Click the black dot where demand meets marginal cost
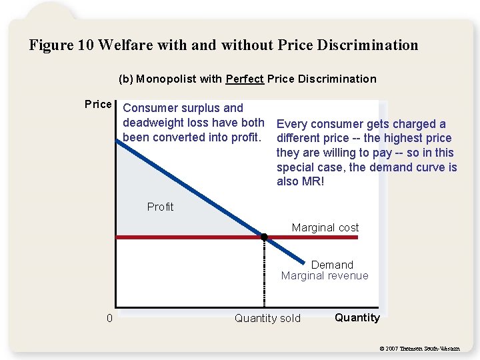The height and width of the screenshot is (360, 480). click(x=264, y=237)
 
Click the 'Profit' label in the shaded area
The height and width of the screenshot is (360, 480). click(x=160, y=207)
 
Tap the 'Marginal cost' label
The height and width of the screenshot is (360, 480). click(x=325, y=228)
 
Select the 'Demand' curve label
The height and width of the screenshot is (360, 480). click(x=332, y=265)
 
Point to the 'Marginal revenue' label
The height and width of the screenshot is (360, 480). click(x=324, y=276)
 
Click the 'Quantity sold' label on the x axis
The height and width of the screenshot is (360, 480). click(x=267, y=319)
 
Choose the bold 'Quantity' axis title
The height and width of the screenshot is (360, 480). click(x=357, y=318)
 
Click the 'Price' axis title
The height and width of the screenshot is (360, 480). click(x=98, y=105)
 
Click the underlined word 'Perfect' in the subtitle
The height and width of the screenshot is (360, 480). click(x=245, y=79)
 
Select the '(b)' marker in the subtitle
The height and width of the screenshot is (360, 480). click(x=125, y=79)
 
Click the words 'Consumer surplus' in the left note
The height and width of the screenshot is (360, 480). click(x=167, y=108)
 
